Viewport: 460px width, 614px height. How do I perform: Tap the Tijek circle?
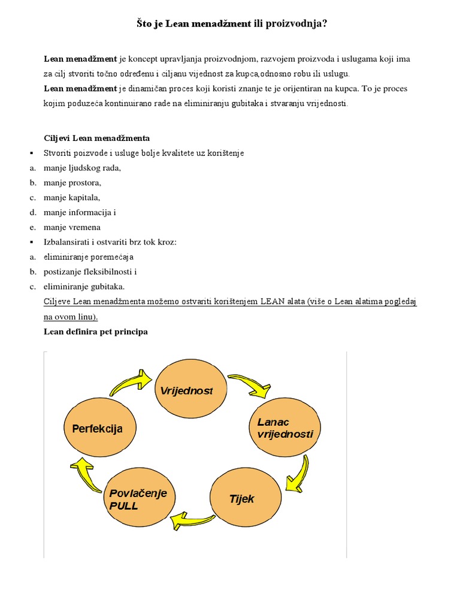[241, 498]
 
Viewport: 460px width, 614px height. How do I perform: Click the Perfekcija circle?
[97, 429]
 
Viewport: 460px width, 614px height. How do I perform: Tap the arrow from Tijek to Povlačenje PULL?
[191, 520]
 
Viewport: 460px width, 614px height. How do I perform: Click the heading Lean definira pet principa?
[96, 332]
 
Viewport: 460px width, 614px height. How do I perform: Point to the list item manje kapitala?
[72, 197]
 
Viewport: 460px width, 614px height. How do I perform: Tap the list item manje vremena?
[72, 227]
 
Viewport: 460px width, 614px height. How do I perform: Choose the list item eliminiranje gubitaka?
[84, 287]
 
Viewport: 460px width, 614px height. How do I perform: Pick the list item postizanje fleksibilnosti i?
[90, 272]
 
